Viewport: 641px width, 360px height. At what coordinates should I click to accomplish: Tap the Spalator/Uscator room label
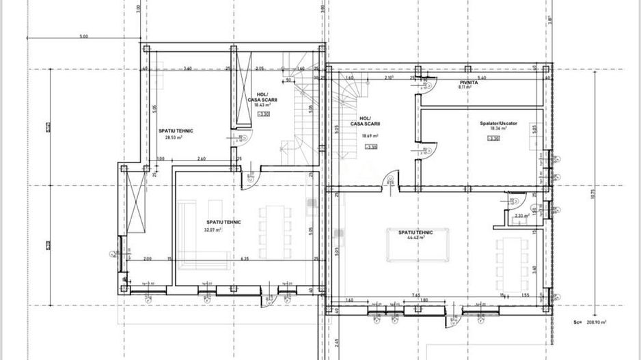pyautogui.click(x=498, y=123)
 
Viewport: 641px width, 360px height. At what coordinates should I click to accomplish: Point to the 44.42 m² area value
pyautogui.click(x=417, y=238)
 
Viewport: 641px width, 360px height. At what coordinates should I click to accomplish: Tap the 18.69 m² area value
pyautogui.click(x=369, y=135)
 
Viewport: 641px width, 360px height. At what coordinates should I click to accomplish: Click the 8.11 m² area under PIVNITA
pyautogui.click(x=465, y=87)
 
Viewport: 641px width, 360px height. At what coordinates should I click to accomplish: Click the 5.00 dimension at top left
pyautogui.click(x=83, y=36)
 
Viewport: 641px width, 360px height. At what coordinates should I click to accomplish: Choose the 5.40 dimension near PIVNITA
pyautogui.click(x=482, y=78)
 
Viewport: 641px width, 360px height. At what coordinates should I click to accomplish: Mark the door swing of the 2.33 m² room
pyautogui.click(x=515, y=202)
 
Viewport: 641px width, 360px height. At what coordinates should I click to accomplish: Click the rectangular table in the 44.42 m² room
pyautogui.click(x=416, y=245)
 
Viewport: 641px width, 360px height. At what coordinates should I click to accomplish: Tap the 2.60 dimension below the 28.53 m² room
pyautogui.click(x=202, y=158)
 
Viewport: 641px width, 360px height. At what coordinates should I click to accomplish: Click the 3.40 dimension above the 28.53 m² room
pyautogui.click(x=187, y=68)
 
